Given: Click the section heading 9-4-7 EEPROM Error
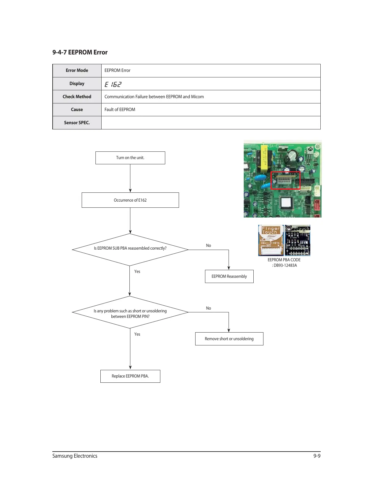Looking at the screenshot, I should (80, 52).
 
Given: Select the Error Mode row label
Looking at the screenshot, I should (77, 70).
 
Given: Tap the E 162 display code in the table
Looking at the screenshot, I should (113, 84).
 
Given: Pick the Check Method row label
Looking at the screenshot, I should (77, 97).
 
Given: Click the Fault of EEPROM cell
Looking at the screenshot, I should (120, 110).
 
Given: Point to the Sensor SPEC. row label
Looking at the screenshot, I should (77, 123).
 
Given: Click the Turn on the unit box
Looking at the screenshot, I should (130, 158).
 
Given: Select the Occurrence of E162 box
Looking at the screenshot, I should (130, 200).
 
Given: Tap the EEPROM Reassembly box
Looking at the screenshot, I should (229, 276).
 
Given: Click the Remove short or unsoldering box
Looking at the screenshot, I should (229, 339).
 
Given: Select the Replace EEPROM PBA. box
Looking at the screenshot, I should (130, 376).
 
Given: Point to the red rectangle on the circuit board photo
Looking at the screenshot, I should (285, 181).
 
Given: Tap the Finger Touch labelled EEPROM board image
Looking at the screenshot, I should (271, 240).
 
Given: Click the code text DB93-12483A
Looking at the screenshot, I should (285, 266).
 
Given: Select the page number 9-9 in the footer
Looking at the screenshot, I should (317, 456).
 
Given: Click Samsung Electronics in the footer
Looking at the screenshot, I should (75, 456).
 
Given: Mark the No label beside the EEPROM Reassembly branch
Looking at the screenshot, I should (208, 245).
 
